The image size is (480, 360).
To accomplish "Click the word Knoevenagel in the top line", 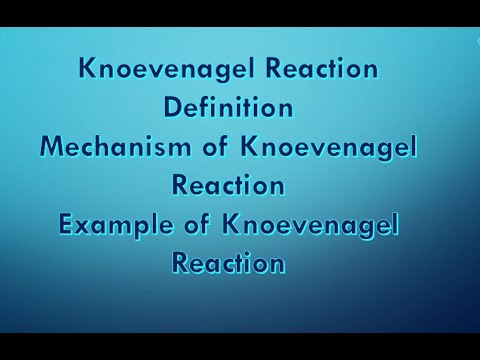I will (x=158, y=70).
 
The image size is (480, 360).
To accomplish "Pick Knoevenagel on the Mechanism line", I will (x=329, y=147).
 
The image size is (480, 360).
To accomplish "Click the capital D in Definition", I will (x=171, y=108).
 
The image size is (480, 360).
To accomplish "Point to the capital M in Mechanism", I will (x=53, y=147).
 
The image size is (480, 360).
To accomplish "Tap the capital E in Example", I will (x=67, y=225).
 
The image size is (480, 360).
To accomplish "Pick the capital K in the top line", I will (x=87, y=70).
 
